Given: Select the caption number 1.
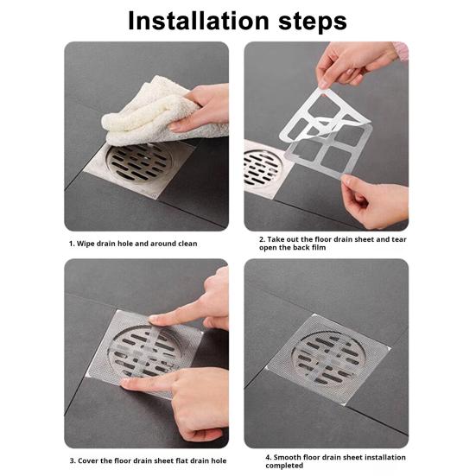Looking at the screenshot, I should [72, 244].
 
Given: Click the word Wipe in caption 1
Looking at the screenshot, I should [86, 244].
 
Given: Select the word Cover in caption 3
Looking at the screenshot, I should [91, 460].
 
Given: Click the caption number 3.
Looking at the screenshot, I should [72, 460].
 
